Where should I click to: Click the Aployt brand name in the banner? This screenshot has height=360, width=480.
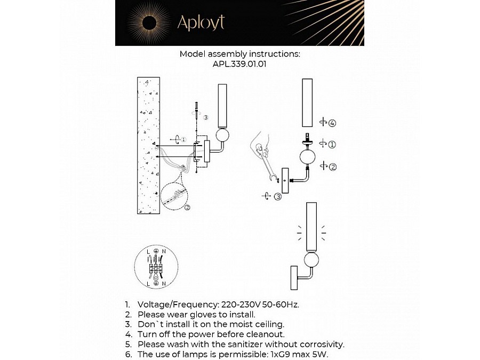click(x=201, y=22)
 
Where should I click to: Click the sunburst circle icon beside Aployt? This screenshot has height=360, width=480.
click(x=149, y=22)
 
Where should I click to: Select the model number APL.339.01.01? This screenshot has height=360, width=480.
click(x=239, y=63)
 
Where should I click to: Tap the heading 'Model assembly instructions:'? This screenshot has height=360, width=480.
click(x=239, y=54)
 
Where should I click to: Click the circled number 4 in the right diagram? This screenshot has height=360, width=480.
click(x=332, y=123)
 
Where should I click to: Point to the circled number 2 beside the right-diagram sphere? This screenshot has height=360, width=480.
click(x=332, y=167)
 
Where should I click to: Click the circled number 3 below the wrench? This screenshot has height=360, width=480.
click(x=277, y=197)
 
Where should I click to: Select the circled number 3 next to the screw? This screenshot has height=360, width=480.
click(x=206, y=117)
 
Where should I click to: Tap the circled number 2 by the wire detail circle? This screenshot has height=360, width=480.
click(x=187, y=207)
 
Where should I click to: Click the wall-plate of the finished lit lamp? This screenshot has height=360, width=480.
click(x=293, y=278)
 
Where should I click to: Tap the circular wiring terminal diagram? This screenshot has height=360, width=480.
click(x=156, y=268)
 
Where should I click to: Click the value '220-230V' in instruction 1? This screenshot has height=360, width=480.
click(x=239, y=305)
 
